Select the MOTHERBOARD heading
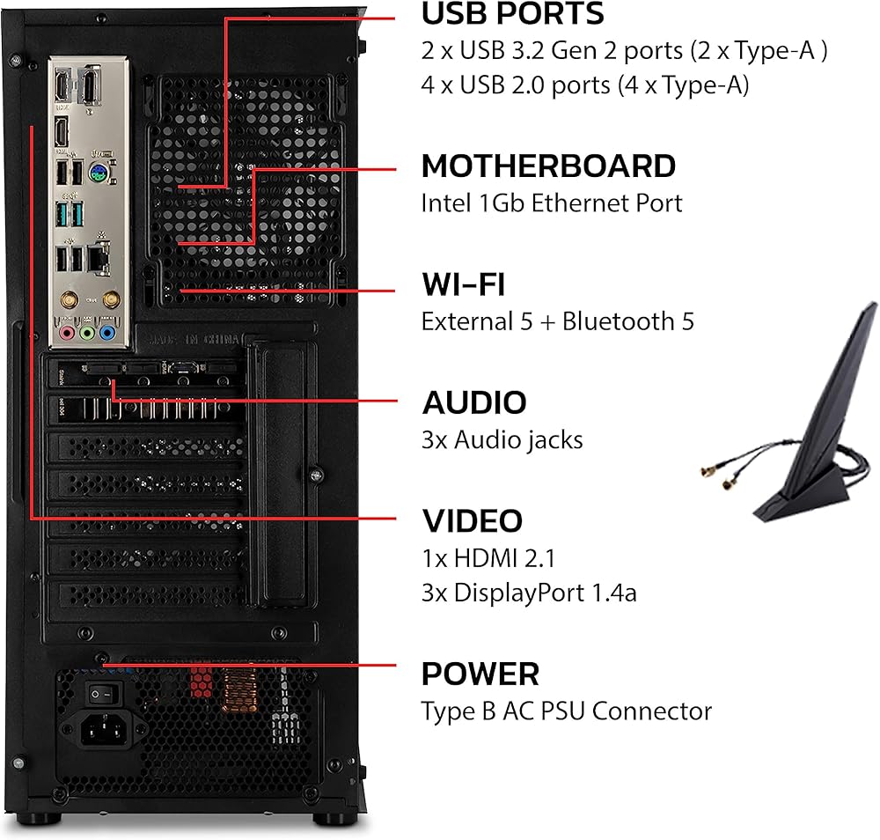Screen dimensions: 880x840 (x=548, y=166)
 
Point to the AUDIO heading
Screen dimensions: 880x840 (x=474, y=402)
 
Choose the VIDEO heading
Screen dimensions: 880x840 (x=472, y=520)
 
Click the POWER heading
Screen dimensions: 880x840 (x=480, y=674)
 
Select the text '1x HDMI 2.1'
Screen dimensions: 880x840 (x=488, y=557)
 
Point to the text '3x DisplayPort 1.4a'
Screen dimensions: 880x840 (x=529, y=593)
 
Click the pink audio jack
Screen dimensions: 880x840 (x=68, y=334)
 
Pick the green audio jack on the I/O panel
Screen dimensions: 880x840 (x=87, y=334)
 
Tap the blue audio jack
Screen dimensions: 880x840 (x=107, y=334)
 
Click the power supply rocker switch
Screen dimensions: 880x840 (x=101, y=695)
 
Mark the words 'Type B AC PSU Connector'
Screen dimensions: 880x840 (x=566, y=711)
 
